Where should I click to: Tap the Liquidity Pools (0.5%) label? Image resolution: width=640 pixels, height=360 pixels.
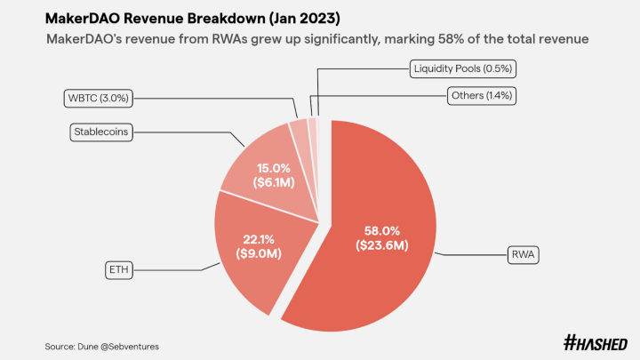tap(461, 68)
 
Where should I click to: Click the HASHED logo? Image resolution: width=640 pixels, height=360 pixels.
tap(595, 343)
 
